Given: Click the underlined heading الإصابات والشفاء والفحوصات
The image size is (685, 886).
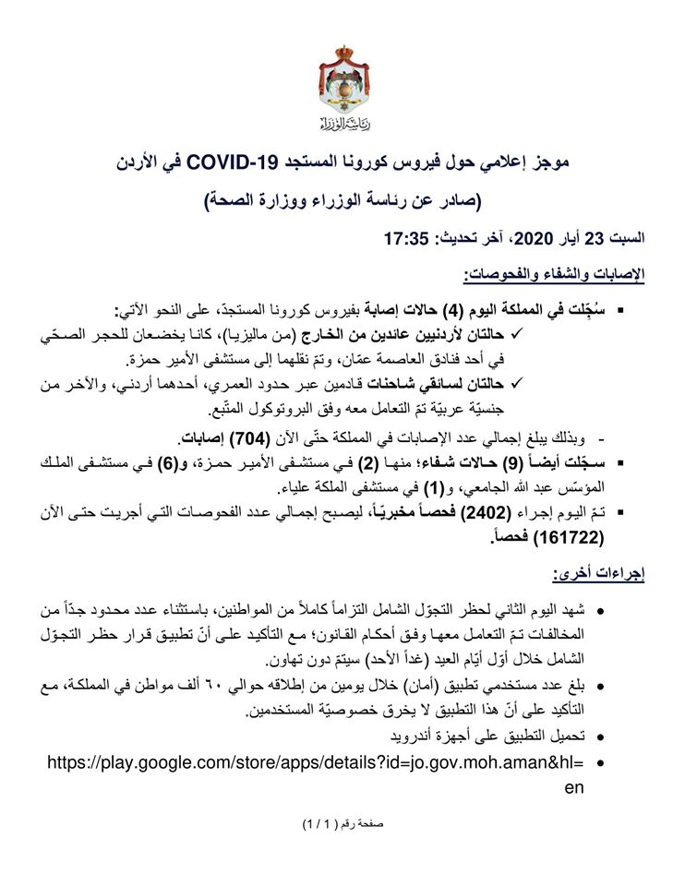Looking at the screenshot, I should (553, 275).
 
